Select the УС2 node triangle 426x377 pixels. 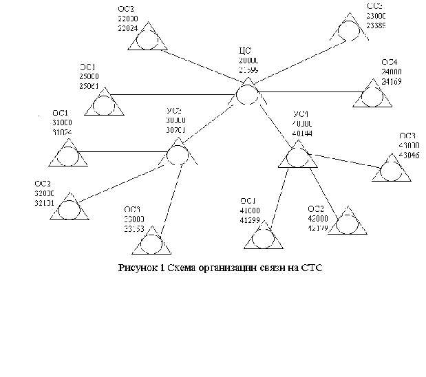[178, 153]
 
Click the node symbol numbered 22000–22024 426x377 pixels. [147, 40]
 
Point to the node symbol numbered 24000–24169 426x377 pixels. [372, 96]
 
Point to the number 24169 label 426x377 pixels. [392, 80]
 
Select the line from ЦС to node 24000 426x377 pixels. [310, 91]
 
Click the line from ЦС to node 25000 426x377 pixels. [172, 94]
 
